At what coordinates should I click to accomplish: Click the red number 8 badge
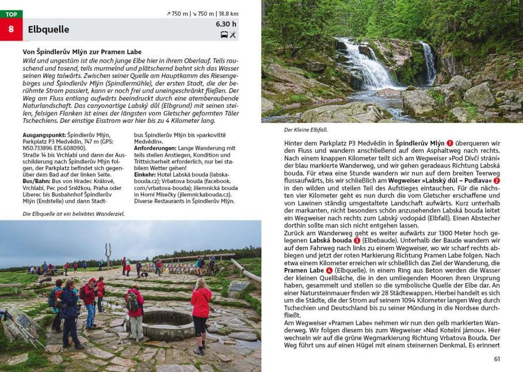click(11, 29)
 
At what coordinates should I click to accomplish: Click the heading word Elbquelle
click(48, 30)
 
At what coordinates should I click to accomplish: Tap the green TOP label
click(11, 14)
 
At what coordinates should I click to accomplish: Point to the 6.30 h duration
click(226, 24)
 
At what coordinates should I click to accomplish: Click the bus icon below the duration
click(224, 34)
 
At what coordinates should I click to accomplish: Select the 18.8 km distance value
click(228, 14)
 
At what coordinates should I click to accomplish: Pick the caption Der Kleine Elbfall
click(305, 130)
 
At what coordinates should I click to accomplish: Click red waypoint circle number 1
click(450, 144)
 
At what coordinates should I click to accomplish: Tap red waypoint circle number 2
click(497, 181)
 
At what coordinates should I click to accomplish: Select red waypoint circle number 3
click(357, 241)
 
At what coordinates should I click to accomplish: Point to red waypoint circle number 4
click(329, 270)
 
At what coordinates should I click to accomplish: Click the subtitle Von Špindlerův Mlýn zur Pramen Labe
click(82, 52)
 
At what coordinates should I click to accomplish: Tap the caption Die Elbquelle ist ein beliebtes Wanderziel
click(73, 214)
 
